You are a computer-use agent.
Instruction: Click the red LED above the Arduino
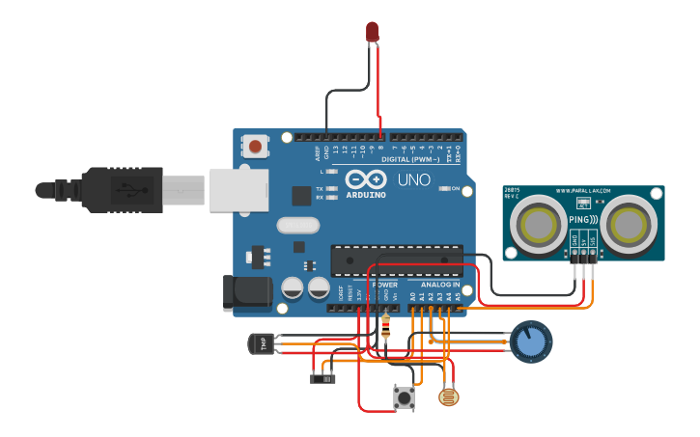tap(373, 31)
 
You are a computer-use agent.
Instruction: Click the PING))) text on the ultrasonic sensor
tap(583, 220)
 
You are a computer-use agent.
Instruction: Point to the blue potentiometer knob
tap(529, 342)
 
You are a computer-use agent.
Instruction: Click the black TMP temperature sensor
tap(261, 342)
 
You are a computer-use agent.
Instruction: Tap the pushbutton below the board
tap(404, 397)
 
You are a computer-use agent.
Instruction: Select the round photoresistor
tap(449, 396)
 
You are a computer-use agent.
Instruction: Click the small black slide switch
tap(322, 378)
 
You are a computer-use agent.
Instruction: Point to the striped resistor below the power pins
tap(387, 330)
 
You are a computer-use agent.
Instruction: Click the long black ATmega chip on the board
tap(396, 259)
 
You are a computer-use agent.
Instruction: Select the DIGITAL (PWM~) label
tap(409, 158)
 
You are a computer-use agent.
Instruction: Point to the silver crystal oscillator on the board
tap(296, 226)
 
